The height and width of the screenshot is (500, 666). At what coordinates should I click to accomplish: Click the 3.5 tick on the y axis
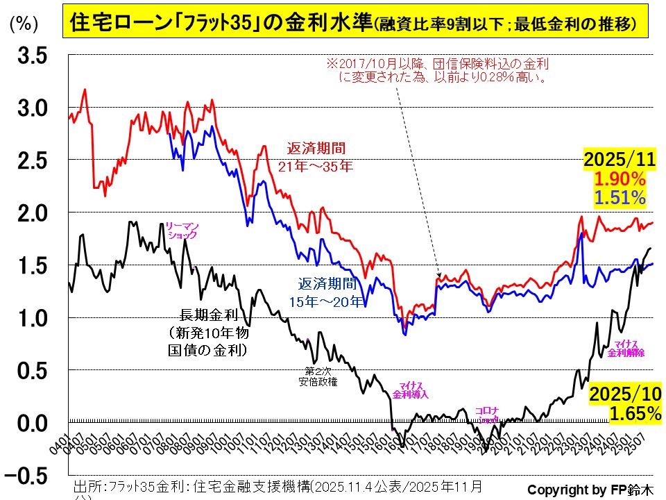coord(32,56)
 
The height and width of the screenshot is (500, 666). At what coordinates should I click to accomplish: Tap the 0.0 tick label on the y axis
coord(32,422)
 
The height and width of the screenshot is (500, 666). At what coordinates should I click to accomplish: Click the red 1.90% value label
coord(620,179)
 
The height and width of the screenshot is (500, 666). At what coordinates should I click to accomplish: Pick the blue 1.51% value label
coord(620,198)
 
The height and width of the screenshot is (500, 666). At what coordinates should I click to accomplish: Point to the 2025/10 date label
coord(625,394)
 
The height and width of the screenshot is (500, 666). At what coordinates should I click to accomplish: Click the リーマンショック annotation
coord(182,231)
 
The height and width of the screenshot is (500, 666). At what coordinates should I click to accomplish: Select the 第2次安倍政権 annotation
coord(318,376)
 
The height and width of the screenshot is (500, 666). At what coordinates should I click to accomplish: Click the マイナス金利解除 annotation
coord(626,348)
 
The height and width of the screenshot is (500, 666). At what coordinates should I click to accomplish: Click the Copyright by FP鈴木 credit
coord(590,488)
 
